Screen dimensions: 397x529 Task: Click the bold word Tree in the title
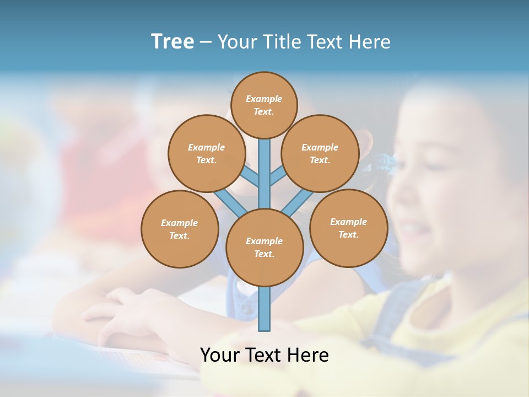172,42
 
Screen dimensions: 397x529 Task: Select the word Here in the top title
371,42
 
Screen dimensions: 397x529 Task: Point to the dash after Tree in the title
206,42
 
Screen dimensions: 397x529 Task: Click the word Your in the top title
236,42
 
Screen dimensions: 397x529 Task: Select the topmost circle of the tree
264,105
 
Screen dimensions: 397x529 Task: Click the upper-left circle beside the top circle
206,153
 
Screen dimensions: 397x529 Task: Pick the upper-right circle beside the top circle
320,153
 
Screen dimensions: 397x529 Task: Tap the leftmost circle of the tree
180,229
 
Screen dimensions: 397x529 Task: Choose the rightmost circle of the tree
349,228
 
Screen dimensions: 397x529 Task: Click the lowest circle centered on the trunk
264,247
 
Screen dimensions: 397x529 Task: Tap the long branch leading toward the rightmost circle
298,203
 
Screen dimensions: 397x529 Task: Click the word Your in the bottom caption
219,355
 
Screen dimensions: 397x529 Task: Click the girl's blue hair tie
382,162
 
